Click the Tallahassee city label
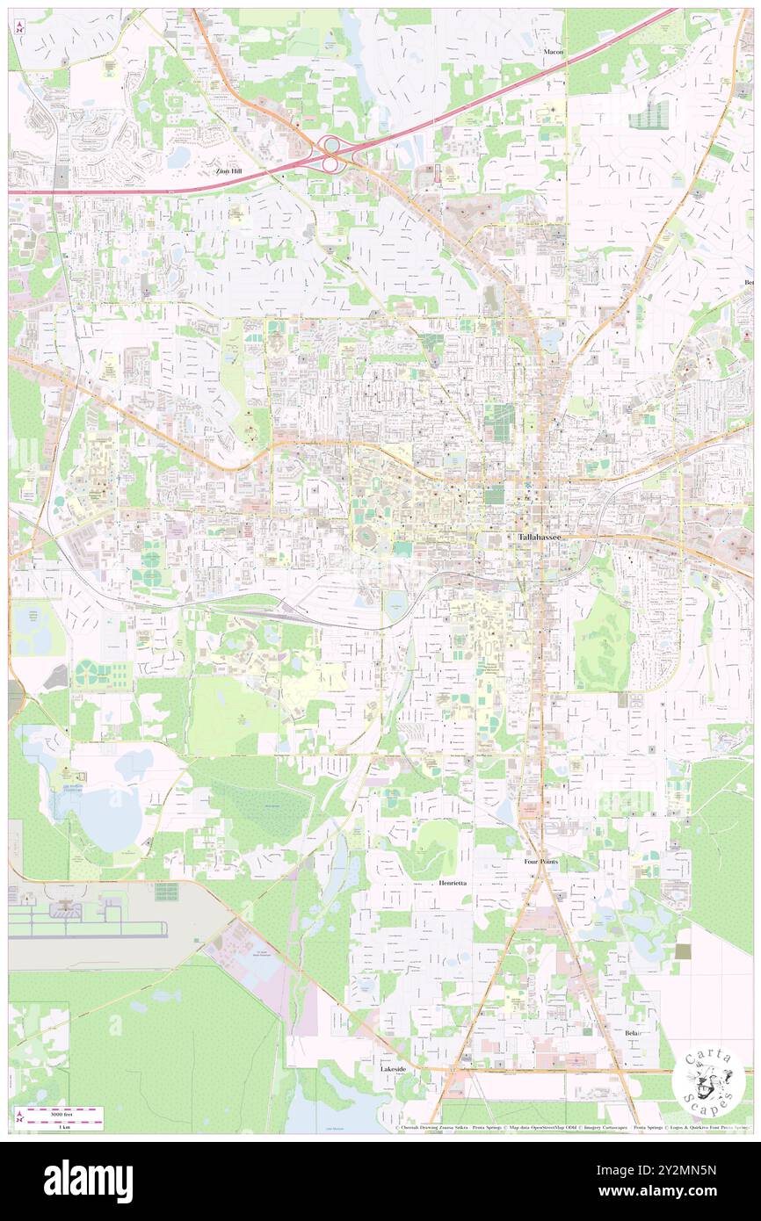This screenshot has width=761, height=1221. [538, 536]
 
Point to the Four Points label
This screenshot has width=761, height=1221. [541, 862]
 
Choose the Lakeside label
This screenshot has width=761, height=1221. [393, 1069]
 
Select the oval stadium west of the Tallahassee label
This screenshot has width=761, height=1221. [363, 534]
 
